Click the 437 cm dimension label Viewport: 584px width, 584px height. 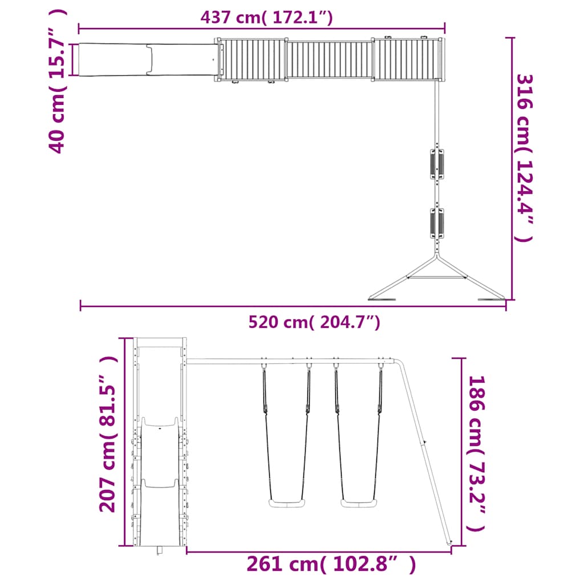[266, 17]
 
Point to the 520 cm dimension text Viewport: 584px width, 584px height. [314, 323]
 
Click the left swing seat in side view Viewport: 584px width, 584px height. [286, 503]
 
